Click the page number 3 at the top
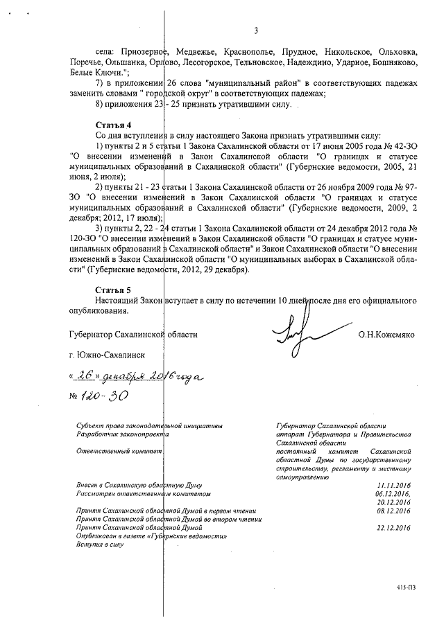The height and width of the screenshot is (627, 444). pos(256,30)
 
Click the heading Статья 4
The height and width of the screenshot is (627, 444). pos(112,124)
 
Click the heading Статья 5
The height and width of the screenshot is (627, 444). pos(112,290)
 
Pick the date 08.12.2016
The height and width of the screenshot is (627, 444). pos(393,511)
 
